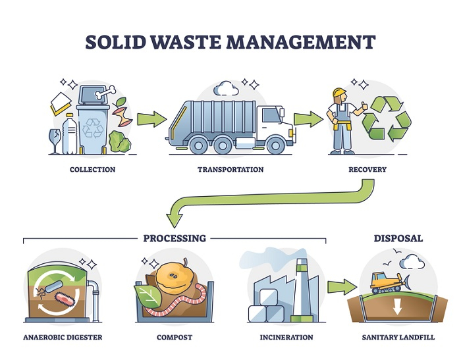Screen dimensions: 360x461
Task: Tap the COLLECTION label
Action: [x=92, y=170]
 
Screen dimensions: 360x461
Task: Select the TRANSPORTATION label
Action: [x=230, y=170]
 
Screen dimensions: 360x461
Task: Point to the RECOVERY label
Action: [x=367, y=170]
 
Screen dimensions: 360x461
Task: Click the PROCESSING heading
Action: [x=175, y=238]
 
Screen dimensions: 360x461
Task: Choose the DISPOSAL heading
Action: [x=398, y=238]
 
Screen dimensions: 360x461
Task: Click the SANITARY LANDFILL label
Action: [x=398, y=338]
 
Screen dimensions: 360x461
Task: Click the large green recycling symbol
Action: [x=387, y=118]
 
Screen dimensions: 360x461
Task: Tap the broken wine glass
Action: [x=54, y=141]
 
